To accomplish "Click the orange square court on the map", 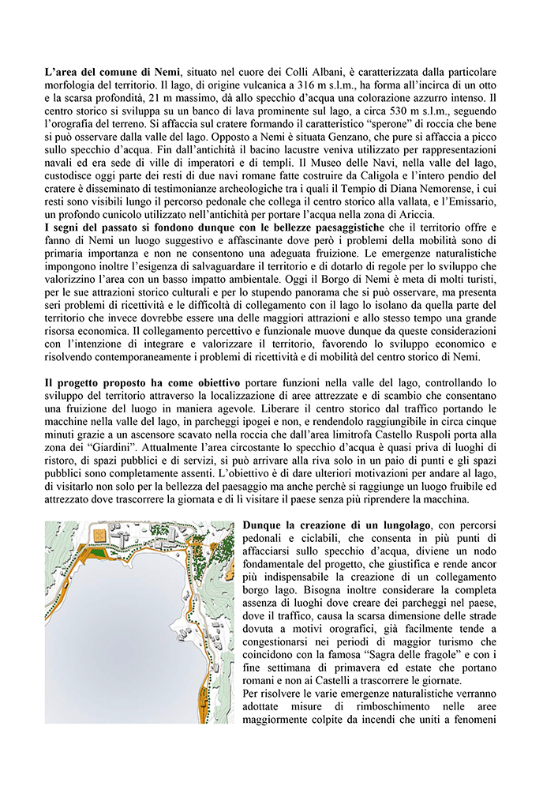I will click(x=100, y=535).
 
